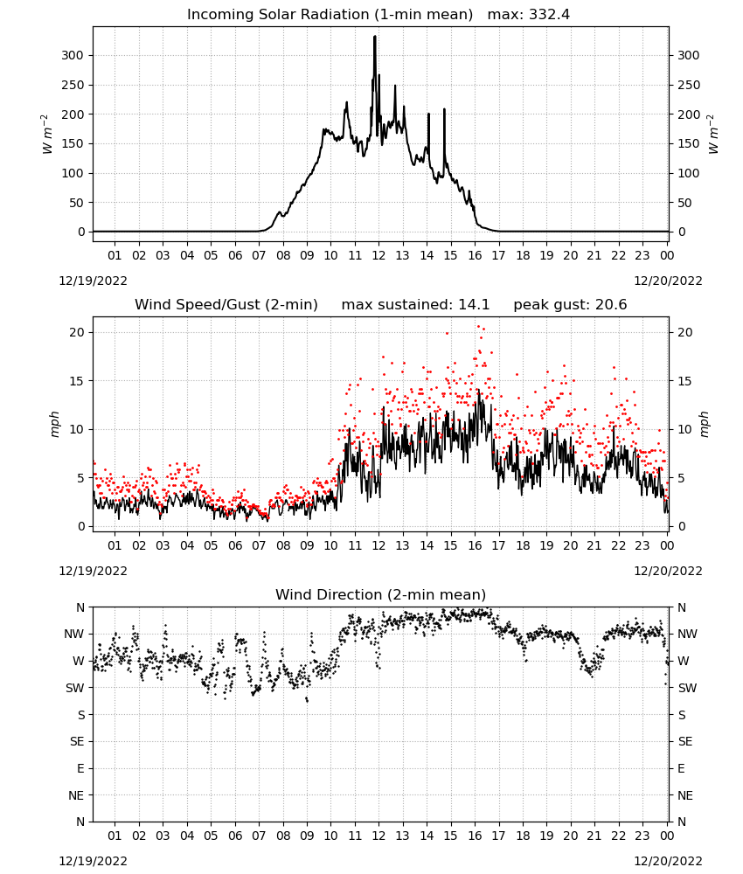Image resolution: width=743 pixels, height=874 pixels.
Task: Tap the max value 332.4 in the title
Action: coord(550,15)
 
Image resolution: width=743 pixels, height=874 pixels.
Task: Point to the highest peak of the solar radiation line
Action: coord(375,37)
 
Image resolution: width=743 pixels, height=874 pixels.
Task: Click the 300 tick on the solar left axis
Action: coord(73,55)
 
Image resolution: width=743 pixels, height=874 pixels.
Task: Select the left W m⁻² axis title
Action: coord(47,134)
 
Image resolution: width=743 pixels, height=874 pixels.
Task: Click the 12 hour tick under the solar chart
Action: coord(378,255)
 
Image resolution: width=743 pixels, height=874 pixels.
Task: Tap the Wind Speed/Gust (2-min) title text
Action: coord(226,305)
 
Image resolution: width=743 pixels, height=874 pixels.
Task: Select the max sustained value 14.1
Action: coord(474,305)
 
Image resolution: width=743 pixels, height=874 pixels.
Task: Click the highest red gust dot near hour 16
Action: coord(478,327)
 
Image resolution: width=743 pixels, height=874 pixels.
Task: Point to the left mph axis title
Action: coord(54,424)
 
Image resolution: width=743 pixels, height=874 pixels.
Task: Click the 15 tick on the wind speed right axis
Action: coord(684,381)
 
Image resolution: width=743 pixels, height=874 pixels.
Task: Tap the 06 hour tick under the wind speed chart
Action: coord(235,545)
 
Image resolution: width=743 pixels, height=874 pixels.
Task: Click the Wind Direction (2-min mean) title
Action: coord(381,594)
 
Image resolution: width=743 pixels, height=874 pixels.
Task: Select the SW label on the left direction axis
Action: coord(74,688)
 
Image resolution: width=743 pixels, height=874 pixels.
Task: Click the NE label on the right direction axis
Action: coord(685,795)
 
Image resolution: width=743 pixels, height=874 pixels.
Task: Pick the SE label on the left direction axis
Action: coord(77,741)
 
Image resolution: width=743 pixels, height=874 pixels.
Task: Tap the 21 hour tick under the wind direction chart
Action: coord(594,836)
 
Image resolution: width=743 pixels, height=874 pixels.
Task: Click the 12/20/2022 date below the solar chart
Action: coord(668,281)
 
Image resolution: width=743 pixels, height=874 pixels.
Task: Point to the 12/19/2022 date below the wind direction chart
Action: coord(93,861)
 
